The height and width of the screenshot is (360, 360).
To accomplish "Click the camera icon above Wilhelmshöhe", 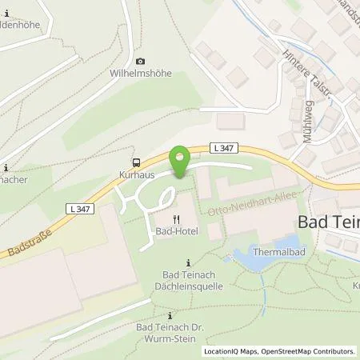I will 141,61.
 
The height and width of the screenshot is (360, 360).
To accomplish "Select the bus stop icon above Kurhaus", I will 135,160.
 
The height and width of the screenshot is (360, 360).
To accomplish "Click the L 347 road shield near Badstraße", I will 75,207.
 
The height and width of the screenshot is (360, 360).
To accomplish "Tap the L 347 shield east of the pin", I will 222,147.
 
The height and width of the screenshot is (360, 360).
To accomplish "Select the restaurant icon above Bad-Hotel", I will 174,219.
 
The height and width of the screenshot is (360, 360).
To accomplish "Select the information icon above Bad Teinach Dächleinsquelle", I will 188,263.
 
